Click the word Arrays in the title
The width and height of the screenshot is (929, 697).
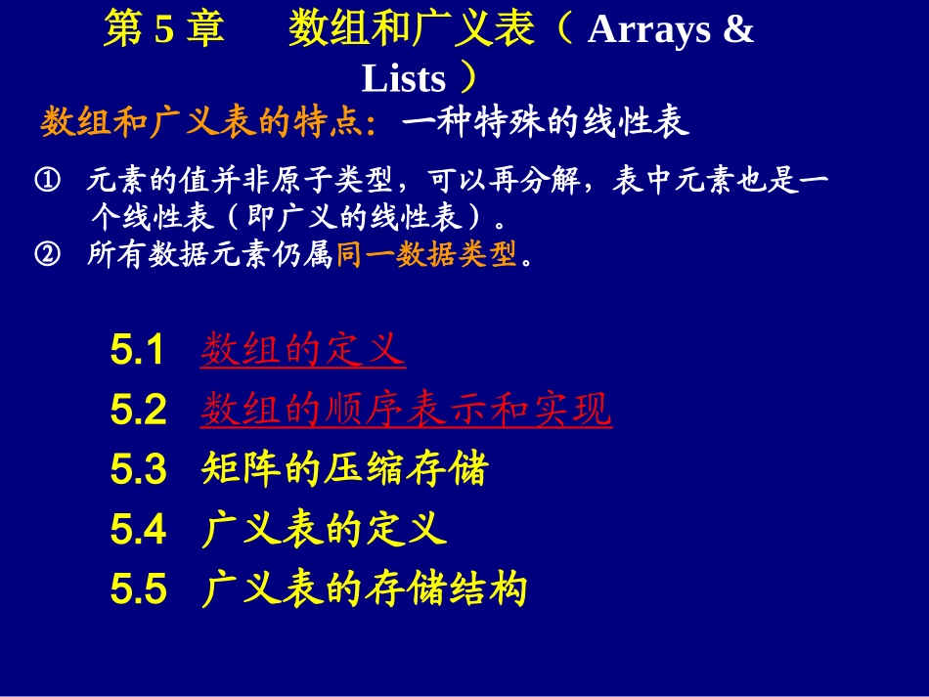649,30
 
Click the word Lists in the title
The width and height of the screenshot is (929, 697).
403,79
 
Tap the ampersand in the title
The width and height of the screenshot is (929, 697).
739,30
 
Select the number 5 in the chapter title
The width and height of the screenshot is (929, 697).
163,30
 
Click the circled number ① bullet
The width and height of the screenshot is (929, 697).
47,181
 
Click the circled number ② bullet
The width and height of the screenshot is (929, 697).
47,255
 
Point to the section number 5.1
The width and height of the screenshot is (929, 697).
138,350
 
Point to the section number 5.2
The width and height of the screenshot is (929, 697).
138,411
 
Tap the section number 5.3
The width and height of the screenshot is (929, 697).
138,471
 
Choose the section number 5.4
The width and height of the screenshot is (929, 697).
138,531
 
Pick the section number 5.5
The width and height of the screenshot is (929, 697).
138,590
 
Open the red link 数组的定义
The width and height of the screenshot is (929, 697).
303,349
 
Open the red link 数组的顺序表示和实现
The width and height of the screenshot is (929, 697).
407,410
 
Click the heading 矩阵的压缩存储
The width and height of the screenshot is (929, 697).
344,470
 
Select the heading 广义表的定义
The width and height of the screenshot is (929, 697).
324,530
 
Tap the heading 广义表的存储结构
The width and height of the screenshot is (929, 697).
365,589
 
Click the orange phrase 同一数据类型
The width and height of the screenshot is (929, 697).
426,255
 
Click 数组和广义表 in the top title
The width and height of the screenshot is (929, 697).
412,30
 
